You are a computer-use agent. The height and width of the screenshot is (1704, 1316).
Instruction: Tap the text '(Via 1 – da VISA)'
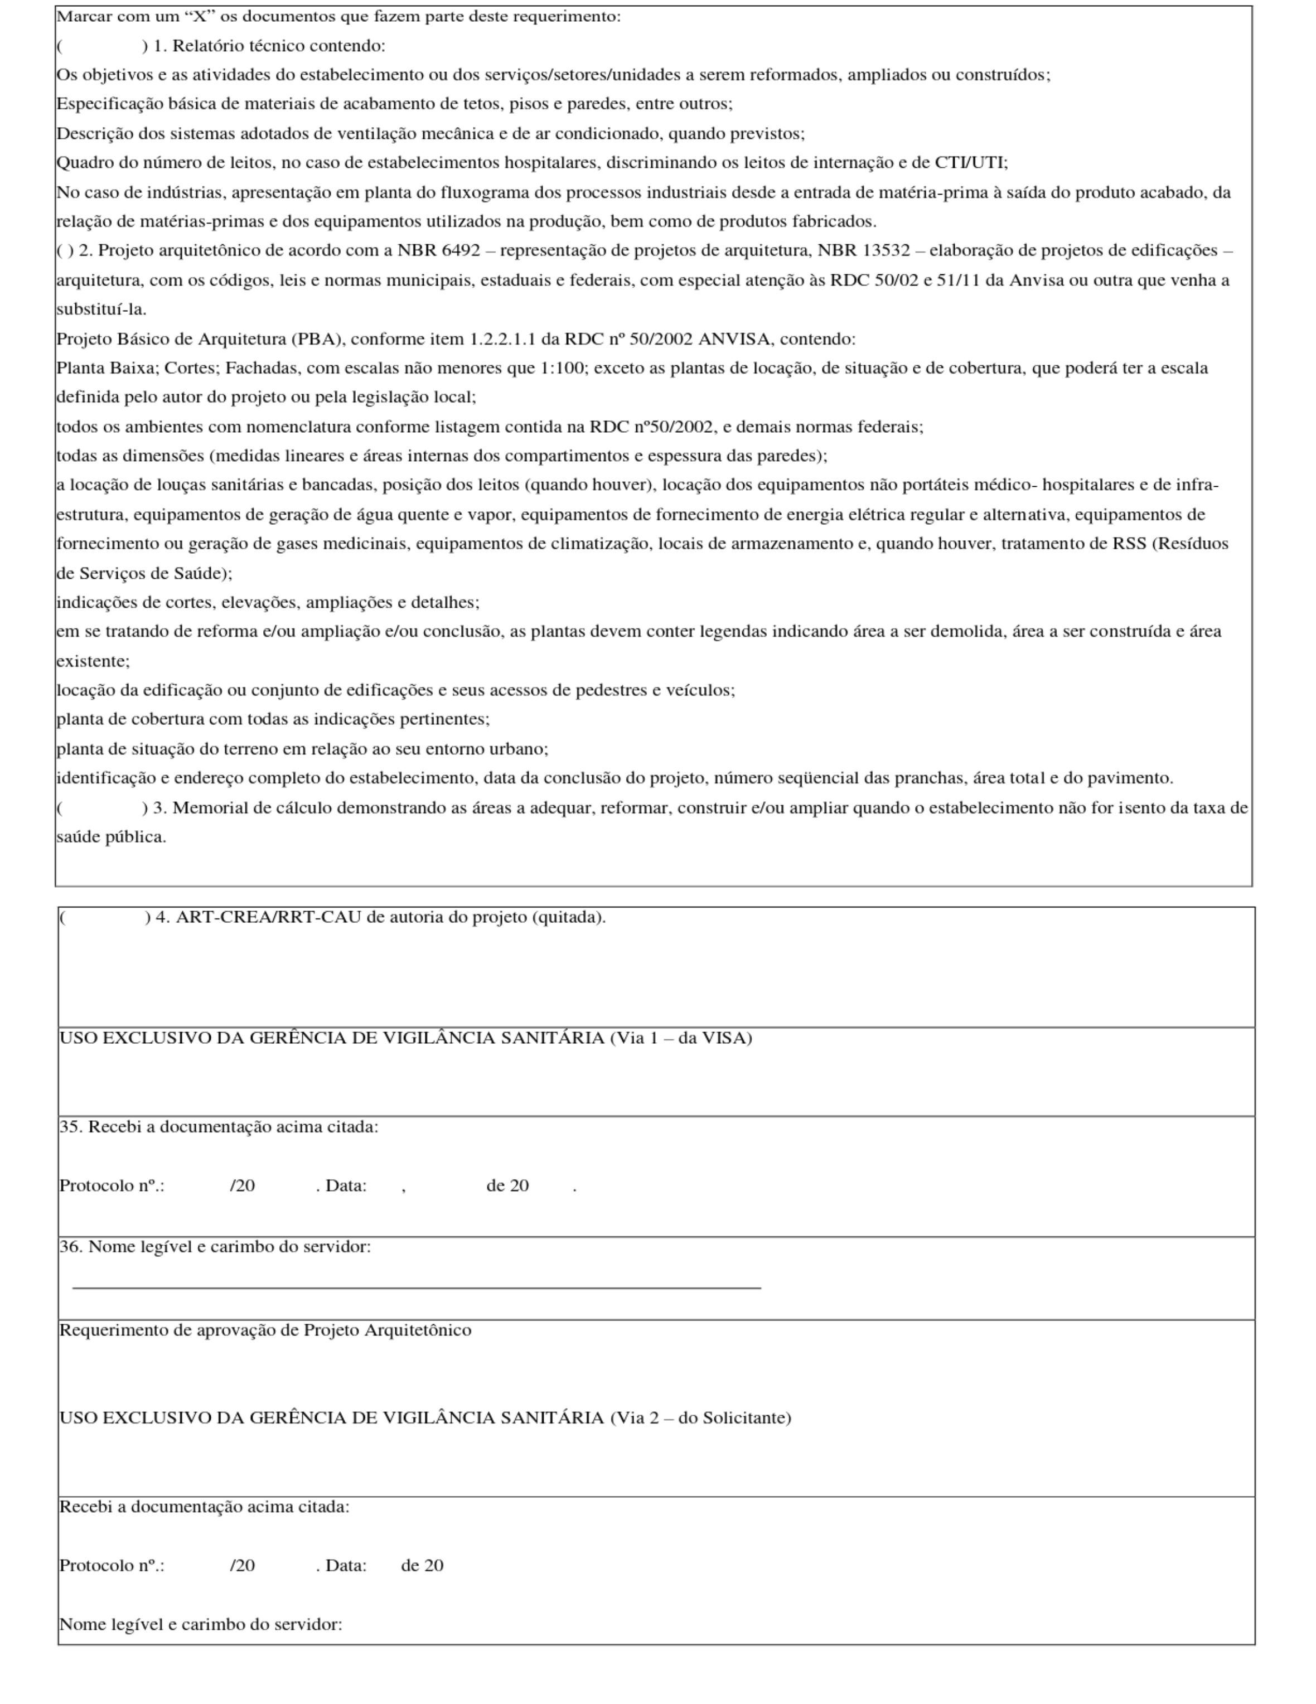tap(680, 1038)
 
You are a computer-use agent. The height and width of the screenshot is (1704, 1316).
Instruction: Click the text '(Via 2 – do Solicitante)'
tap(700, 1417)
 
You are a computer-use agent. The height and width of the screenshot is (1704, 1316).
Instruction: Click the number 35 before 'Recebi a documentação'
tap(69, 1127)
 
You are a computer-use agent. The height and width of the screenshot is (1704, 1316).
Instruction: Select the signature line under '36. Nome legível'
tap(416, 1287)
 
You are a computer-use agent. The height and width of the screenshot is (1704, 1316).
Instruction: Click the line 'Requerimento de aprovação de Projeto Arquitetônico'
tap(265, 1330)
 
